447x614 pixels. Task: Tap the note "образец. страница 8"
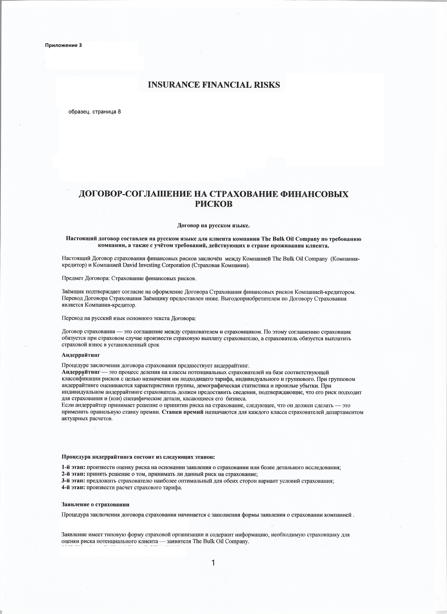pyautogui.click(x=95, y=112)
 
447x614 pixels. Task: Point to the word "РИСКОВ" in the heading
pyautogui.click(x=214, y=204)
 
